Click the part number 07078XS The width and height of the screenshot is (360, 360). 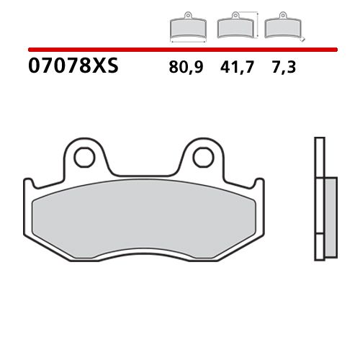point(73,68)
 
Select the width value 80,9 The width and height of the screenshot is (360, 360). point(186,68)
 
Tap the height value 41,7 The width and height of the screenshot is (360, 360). point(232,68)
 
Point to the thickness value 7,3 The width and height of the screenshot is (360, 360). point(280,68)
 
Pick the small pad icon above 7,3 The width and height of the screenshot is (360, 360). point(279,27)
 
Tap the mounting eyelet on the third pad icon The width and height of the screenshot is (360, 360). point(279,15)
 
